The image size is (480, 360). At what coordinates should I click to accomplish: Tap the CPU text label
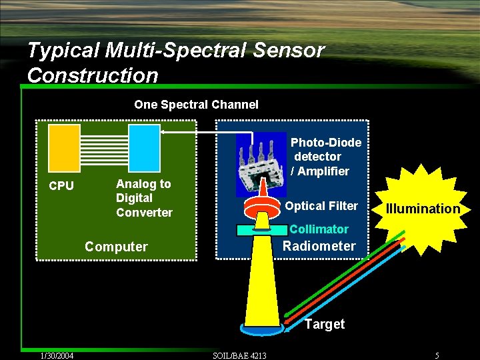pyautogui.click(x=61, y=186)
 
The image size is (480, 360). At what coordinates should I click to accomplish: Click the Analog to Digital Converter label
pyautogui.click(x=144, y=198)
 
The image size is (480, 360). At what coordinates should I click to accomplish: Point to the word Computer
pyautogui.click(x=116, y=247)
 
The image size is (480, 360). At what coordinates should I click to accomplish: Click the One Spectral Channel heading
pyautogui.click(x=196, y=104)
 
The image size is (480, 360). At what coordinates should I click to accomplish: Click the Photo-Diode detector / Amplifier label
pyautogui.click(x=325, y=157)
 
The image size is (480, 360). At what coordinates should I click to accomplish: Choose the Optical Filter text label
pyautogui.click(x=321, y=206)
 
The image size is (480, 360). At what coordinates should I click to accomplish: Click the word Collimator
pyautogui.click(x=319, y=229)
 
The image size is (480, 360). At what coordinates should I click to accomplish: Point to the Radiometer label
pyautogui.click(x=319, y=246)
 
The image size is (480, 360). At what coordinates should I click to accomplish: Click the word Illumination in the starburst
pyautogui.click(x=423, y=209)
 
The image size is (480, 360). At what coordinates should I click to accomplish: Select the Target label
pyautogui.click(x=325, y=325)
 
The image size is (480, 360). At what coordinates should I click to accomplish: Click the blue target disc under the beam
pyautogui.click(x=263, y=331)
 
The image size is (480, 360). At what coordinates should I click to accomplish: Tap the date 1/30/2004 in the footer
pyautogui.click(x=56, y=355)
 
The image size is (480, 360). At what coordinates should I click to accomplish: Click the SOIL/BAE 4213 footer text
pyautogui.click(x=239, y=355)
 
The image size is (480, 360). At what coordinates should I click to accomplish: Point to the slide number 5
pyautogui.click(x=437, y=355)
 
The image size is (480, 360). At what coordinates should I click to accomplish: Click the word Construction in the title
pyautogui.click(x=93, y=75)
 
